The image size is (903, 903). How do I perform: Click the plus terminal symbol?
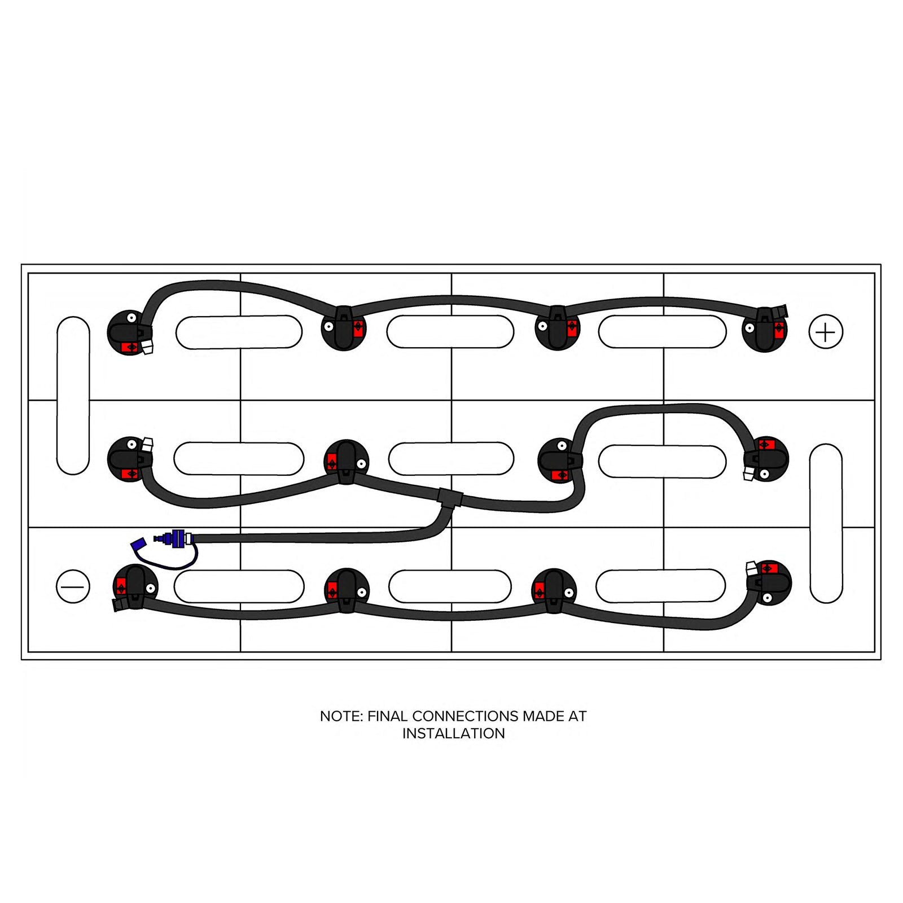(826, 332)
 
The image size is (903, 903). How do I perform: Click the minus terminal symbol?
(73, 586)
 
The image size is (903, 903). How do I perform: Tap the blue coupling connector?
(174, 539)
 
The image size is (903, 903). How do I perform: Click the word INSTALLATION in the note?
(454, 734)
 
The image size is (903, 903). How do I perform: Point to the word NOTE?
(341, 716)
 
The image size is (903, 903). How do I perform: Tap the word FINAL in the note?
(387, 716)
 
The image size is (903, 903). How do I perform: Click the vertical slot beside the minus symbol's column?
(73, 395)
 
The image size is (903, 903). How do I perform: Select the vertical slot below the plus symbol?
(826, 523)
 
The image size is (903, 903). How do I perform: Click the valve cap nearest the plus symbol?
(765, 330)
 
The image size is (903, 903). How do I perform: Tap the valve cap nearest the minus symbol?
(135, 588)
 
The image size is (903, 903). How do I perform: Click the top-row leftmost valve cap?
(130, 332)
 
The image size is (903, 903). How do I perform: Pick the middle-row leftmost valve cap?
(130, 459)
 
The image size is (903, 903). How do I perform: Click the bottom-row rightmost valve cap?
(769, 583)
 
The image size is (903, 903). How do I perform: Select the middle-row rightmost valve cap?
(765, 459)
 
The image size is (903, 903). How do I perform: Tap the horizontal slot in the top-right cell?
(662, 332)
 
